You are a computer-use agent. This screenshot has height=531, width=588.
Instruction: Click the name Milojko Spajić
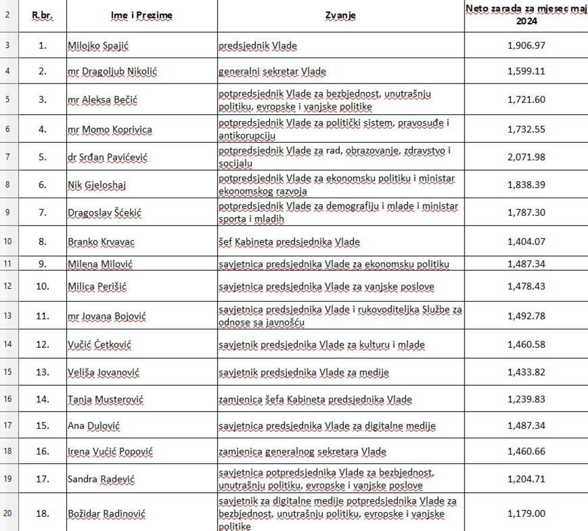tap(97, 45)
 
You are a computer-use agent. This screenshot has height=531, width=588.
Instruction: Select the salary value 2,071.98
tap(526, 156)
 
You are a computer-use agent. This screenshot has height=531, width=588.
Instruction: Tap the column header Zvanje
tap(340, 16)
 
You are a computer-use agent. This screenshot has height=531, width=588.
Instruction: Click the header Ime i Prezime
tap(142, 16)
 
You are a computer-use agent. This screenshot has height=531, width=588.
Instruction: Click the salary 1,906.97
tap(526, 45)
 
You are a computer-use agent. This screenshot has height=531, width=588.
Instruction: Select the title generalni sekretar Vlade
tap(272, 72)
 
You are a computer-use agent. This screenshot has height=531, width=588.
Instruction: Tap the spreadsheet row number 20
tap(8, 513)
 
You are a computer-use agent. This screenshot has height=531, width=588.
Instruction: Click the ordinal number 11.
tap(42, 316)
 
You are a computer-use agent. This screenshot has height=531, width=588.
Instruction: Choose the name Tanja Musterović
tap(106, 399)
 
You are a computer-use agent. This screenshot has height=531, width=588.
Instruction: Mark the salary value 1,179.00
tap(526, 513)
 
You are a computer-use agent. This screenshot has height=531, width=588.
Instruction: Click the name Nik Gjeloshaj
tap(97, 185)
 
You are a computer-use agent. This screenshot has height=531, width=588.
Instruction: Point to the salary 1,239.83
tap(526, 399)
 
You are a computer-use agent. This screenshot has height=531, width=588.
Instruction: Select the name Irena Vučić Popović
tap(111, 452)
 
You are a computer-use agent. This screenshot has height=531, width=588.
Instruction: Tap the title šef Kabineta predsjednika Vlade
tap(289, 241)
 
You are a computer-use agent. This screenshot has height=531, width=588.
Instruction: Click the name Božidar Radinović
tap(106, 513)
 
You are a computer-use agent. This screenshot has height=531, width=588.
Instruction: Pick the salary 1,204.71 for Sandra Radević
tap(526, 479)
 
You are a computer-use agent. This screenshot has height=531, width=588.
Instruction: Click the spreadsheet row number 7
tap(8, 156)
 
